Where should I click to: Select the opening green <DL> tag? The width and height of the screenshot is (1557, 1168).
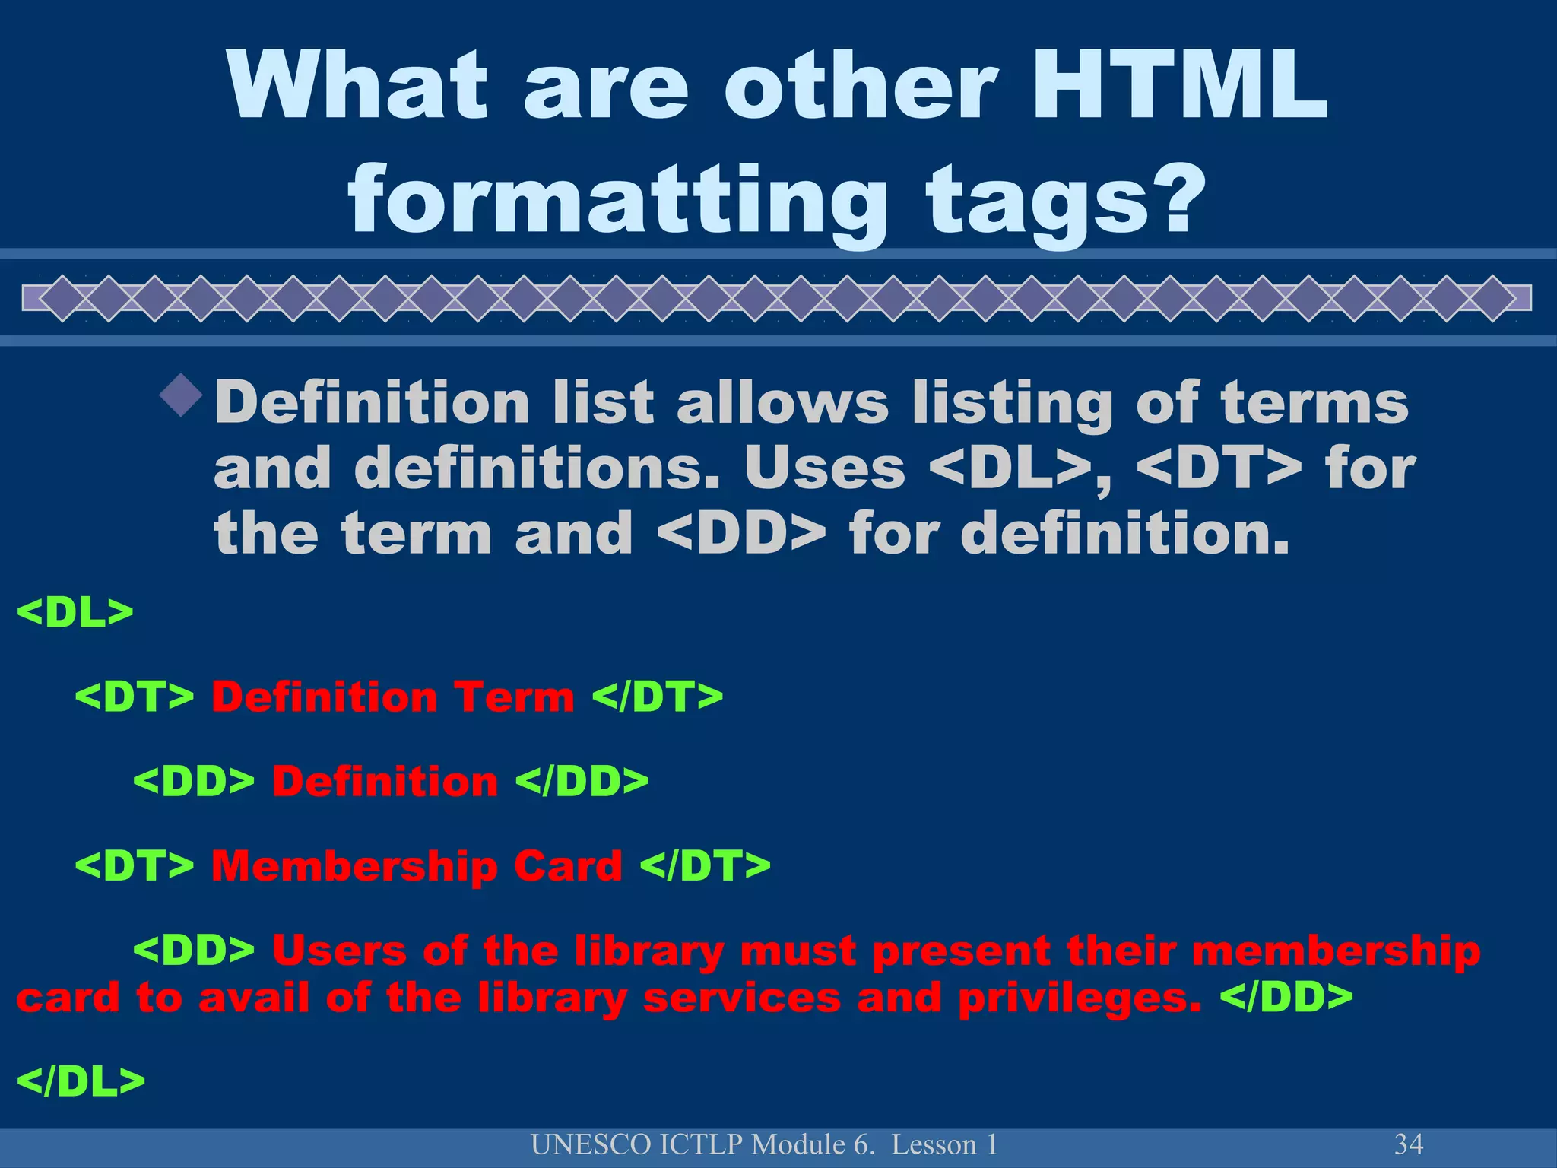tap(75, 612)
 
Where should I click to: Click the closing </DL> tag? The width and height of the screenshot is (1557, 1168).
tap(80, 1081)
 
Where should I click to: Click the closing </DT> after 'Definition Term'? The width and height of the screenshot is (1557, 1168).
tap(657, 697)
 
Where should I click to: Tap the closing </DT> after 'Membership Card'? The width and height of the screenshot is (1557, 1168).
tap(705, 865)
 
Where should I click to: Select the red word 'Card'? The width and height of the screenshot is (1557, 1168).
tap(567, 865)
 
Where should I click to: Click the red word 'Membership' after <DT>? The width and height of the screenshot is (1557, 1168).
tap(353, 865)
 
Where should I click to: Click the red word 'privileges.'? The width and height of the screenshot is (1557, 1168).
tap(1080, 998)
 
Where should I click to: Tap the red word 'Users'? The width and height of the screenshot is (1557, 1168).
tap(339, 951)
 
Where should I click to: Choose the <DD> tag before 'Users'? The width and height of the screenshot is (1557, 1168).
tap(194, 951)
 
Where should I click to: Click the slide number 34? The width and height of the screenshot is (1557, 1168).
tap(1409, 1144)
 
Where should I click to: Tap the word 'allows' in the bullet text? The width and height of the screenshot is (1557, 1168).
tap(782, 402)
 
